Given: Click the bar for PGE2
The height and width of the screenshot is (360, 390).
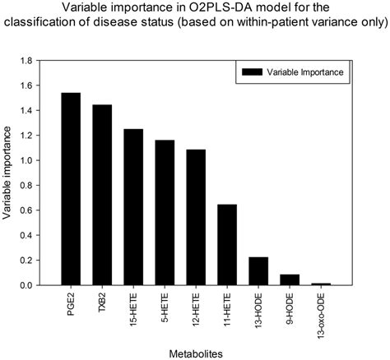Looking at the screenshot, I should tap(71, 189).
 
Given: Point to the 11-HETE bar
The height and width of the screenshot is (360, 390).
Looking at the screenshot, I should tap(227, 245).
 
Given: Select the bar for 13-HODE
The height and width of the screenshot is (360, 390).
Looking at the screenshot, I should tap(258, 271).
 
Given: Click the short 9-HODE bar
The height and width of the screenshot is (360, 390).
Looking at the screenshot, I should tap(290, 279).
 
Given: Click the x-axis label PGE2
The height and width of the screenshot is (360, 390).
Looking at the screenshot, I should tap(72, 300).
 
